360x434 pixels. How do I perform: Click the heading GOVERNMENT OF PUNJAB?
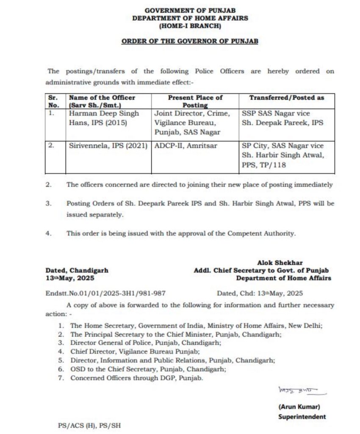(x=190, y=10)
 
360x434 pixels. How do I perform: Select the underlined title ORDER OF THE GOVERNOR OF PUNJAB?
(x=190, y=42)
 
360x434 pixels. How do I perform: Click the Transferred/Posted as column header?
(x=286, y=97)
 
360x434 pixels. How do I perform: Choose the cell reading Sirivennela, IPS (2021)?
(x=108, y=146)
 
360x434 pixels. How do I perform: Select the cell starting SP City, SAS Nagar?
(x=283, y=155)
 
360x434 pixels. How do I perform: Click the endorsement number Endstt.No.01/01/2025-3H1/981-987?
(x=105, y=293)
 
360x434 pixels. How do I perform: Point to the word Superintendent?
(x=302, y=417)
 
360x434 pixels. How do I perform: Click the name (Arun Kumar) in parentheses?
(x=302, y=406)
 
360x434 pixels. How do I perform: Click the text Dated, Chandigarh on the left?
(x=77, y=270)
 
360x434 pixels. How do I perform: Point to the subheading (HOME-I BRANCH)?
(x=190, y=26)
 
